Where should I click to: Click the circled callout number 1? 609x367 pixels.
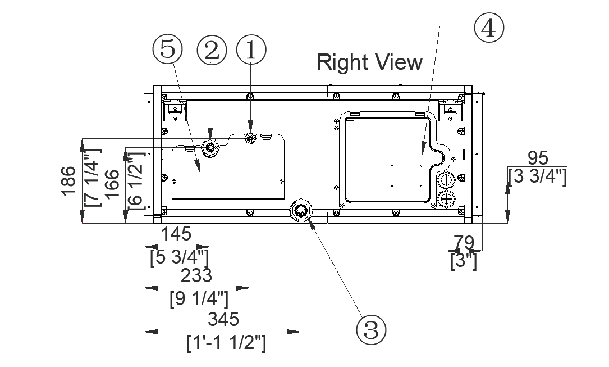[251, 50]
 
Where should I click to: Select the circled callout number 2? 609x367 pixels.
[211, 50]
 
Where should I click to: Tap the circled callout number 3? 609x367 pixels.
[372, 329]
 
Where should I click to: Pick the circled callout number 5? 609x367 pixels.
[167, 50]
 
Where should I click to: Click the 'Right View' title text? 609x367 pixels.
[369, 61]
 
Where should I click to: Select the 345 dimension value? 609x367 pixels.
[223, 319]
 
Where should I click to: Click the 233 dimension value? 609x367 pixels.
[196, 275]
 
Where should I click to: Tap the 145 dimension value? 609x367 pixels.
[176, 233]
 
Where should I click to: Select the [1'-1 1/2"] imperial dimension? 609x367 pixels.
[226, 343]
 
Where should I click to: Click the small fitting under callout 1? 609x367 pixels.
[250, 137]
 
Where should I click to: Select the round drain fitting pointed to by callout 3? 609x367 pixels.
[300, 212]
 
